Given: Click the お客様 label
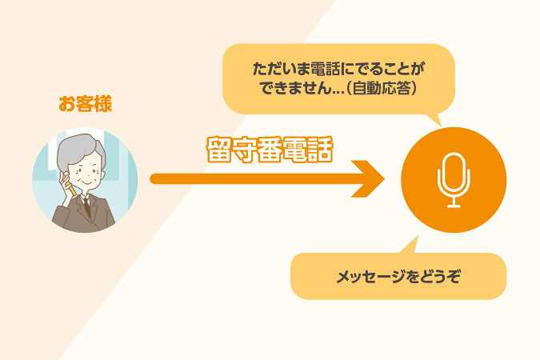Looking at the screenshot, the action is (x=85, y=104).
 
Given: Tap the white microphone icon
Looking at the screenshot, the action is (x=454, y=179).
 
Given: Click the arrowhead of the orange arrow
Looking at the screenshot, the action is (x=369, y=178).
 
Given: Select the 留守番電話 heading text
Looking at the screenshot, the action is (x=270, y=150).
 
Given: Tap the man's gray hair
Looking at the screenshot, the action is (x=80, y=150).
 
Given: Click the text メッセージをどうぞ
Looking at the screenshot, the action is (x=398, y=277).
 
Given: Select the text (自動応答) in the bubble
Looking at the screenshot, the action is (x=382, y=88).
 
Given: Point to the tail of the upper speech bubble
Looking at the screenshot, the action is (x=436, y=120).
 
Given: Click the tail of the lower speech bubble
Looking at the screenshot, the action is (x=411, y=245).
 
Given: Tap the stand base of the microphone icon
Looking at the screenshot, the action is (x=454, y=206).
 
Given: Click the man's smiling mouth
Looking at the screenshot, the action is (x=86, y=183).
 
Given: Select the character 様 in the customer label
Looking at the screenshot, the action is (x=103, y=104).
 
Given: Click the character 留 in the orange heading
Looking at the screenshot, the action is (x=219, y=150).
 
